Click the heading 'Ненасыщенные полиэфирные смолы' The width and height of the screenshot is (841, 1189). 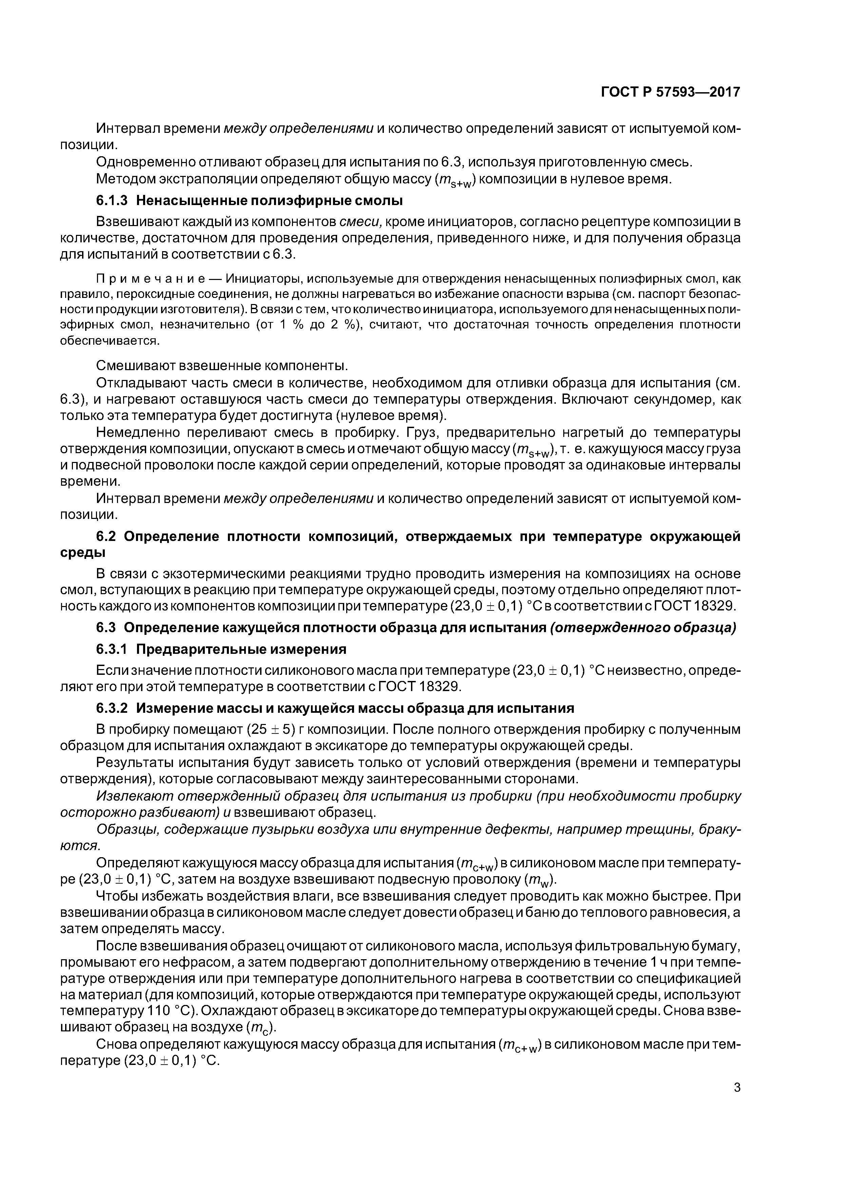click(270, 200)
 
